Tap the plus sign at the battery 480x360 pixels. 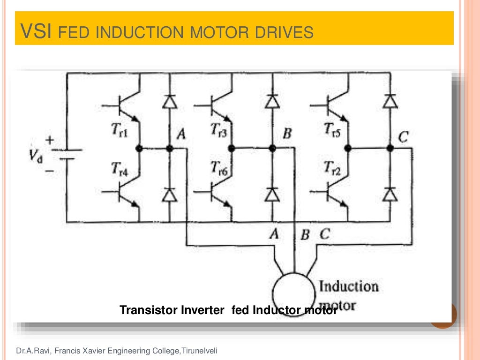click(49, 140)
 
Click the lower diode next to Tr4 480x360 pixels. click(170, 194)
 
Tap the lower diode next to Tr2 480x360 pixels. click(389, 194)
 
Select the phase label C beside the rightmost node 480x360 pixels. click(403, 137)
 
